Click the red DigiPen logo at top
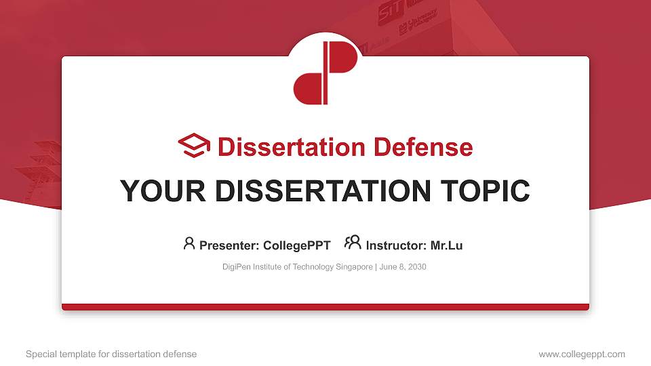325,73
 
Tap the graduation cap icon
194,146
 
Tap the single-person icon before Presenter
189,243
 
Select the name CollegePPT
296,245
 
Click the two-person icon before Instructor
353,243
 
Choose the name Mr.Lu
446,245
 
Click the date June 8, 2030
403,267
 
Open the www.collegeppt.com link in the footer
582,354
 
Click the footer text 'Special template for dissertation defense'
111,354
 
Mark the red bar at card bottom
325,307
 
